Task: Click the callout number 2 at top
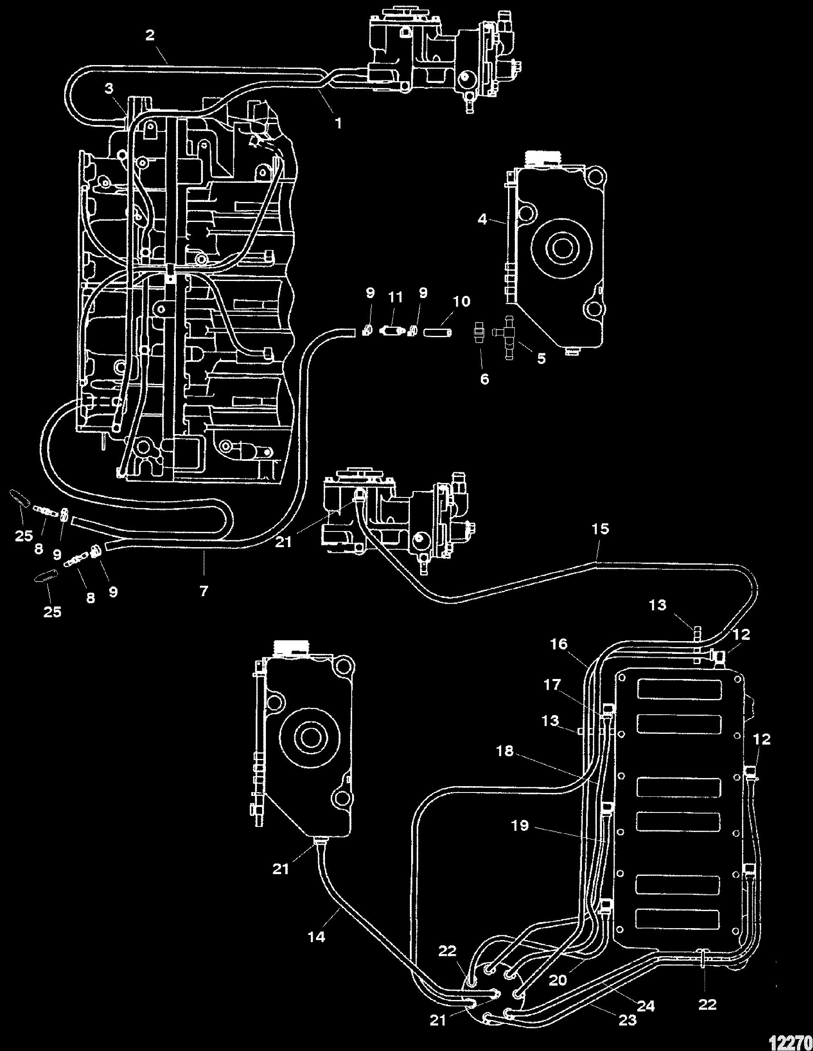point(150,36)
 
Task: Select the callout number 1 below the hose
point(339,123)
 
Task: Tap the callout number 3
point(109,88)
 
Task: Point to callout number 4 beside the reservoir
point(483,219)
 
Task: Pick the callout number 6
point(485,379)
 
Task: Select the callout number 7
point(204,591)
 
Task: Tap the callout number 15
point(601,529)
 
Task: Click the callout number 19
point(520,826)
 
